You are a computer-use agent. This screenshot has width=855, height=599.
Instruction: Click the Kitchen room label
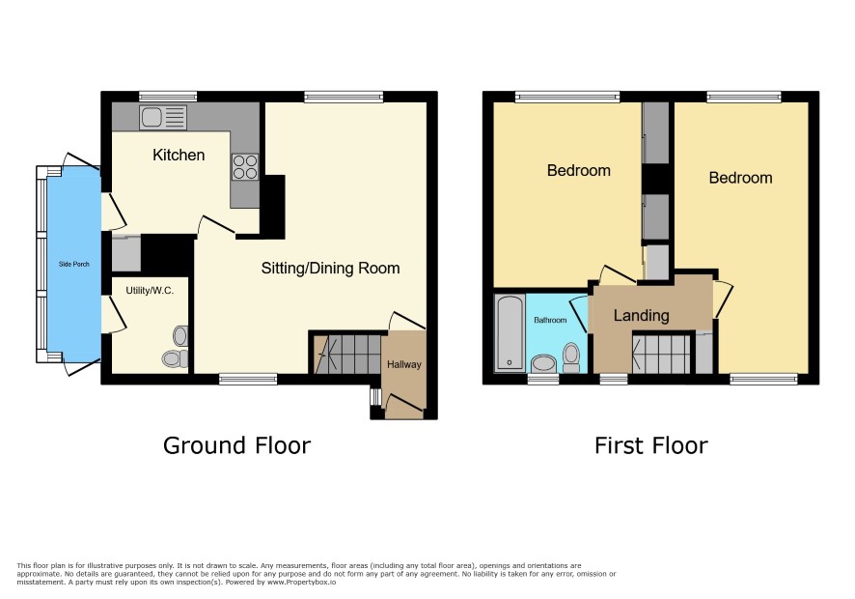(179, 156)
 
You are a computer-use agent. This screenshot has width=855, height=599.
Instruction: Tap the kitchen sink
(163, 118)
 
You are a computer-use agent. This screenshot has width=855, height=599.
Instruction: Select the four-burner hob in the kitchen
(245, 167)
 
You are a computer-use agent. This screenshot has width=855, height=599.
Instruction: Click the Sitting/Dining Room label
(330, 269)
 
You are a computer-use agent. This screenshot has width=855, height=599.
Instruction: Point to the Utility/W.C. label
(150, 291)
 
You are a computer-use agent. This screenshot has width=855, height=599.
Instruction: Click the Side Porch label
(74, 265)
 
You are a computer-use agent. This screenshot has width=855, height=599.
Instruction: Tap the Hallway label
(404, 364)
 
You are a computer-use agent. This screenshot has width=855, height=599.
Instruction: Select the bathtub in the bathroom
(510, 333)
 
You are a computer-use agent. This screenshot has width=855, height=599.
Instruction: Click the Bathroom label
(550, 320)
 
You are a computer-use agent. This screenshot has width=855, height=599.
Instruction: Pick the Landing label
(641, 315)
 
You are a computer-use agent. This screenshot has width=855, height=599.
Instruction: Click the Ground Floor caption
(236, 445)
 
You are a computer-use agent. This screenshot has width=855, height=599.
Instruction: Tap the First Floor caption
(651, 445)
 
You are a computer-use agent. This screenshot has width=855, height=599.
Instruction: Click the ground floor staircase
(348, 355)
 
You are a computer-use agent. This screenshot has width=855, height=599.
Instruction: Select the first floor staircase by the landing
(661, 354)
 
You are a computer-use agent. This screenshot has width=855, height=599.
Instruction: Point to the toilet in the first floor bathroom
(571, 357)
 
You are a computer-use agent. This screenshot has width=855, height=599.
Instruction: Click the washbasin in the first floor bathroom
(543, 363)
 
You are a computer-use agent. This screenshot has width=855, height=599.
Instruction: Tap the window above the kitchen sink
(167, 97)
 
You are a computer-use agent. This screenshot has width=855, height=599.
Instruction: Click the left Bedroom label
(579, 170)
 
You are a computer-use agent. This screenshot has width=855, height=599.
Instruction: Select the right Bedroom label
(740, 178)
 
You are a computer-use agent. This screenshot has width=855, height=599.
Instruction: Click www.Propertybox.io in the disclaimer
(301, 583)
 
